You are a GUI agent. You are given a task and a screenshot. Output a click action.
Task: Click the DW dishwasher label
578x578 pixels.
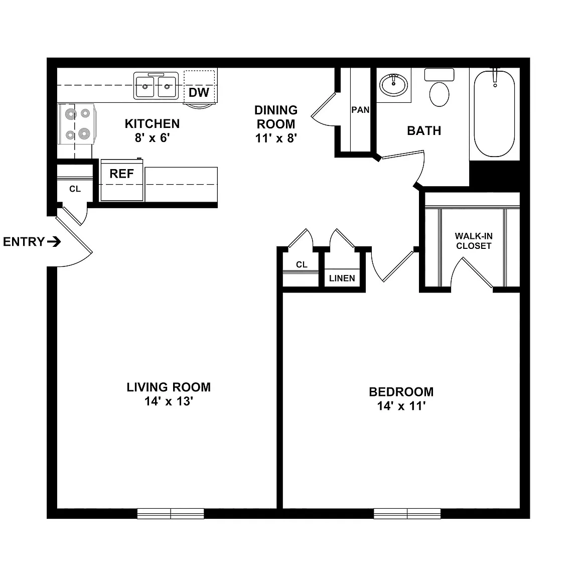(199, 92)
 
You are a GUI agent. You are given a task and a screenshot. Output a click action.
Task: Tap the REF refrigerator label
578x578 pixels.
(121, 174)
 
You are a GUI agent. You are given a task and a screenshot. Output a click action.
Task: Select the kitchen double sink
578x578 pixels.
(156, 86)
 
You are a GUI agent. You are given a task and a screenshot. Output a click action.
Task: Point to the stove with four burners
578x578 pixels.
(77, 124)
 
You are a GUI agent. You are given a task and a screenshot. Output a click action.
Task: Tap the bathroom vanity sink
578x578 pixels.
(394, 85)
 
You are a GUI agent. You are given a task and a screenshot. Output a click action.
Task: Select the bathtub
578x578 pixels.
(494, 113)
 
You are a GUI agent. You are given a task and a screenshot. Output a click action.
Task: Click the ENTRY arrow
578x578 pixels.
(54, 242)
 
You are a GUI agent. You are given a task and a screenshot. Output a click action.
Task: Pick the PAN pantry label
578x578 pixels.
(360, 110)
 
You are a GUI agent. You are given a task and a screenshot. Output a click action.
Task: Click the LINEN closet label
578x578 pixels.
(342, 278)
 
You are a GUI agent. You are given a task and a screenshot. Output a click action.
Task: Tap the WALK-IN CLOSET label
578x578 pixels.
(474, 241)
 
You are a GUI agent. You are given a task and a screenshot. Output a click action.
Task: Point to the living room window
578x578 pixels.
(171, 513)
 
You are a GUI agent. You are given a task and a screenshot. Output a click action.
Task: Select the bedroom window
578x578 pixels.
(407, 513)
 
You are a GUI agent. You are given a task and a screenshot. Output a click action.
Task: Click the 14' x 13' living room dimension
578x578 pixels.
(169, 401)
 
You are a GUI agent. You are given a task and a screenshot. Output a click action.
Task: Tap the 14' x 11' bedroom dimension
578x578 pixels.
(401, 406)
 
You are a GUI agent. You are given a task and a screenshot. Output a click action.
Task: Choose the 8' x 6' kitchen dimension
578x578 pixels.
(152, 138)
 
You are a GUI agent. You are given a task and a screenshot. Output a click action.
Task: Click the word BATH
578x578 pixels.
(424, 130)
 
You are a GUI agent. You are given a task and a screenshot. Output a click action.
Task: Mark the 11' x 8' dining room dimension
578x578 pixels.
(276, 138)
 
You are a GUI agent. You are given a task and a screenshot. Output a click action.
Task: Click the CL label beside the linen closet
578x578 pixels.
(302, 264)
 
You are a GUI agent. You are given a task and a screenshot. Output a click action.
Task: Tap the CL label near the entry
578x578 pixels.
(75, 189)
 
